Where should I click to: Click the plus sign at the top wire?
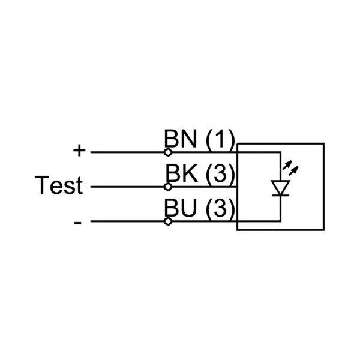point(79,151)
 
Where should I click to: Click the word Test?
point(58,186)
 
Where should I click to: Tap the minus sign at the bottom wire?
point(78,223)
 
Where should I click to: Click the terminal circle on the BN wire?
point(168,152)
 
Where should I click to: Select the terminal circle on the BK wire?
point(168,187)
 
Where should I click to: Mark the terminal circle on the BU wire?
point(168,221)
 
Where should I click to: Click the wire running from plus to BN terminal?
point(126,152)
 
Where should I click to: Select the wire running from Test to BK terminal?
point(126,187)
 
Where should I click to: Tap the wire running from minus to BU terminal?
point(126,221)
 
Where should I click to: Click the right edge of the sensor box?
point(324,187)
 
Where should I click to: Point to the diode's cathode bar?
point(280,195)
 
